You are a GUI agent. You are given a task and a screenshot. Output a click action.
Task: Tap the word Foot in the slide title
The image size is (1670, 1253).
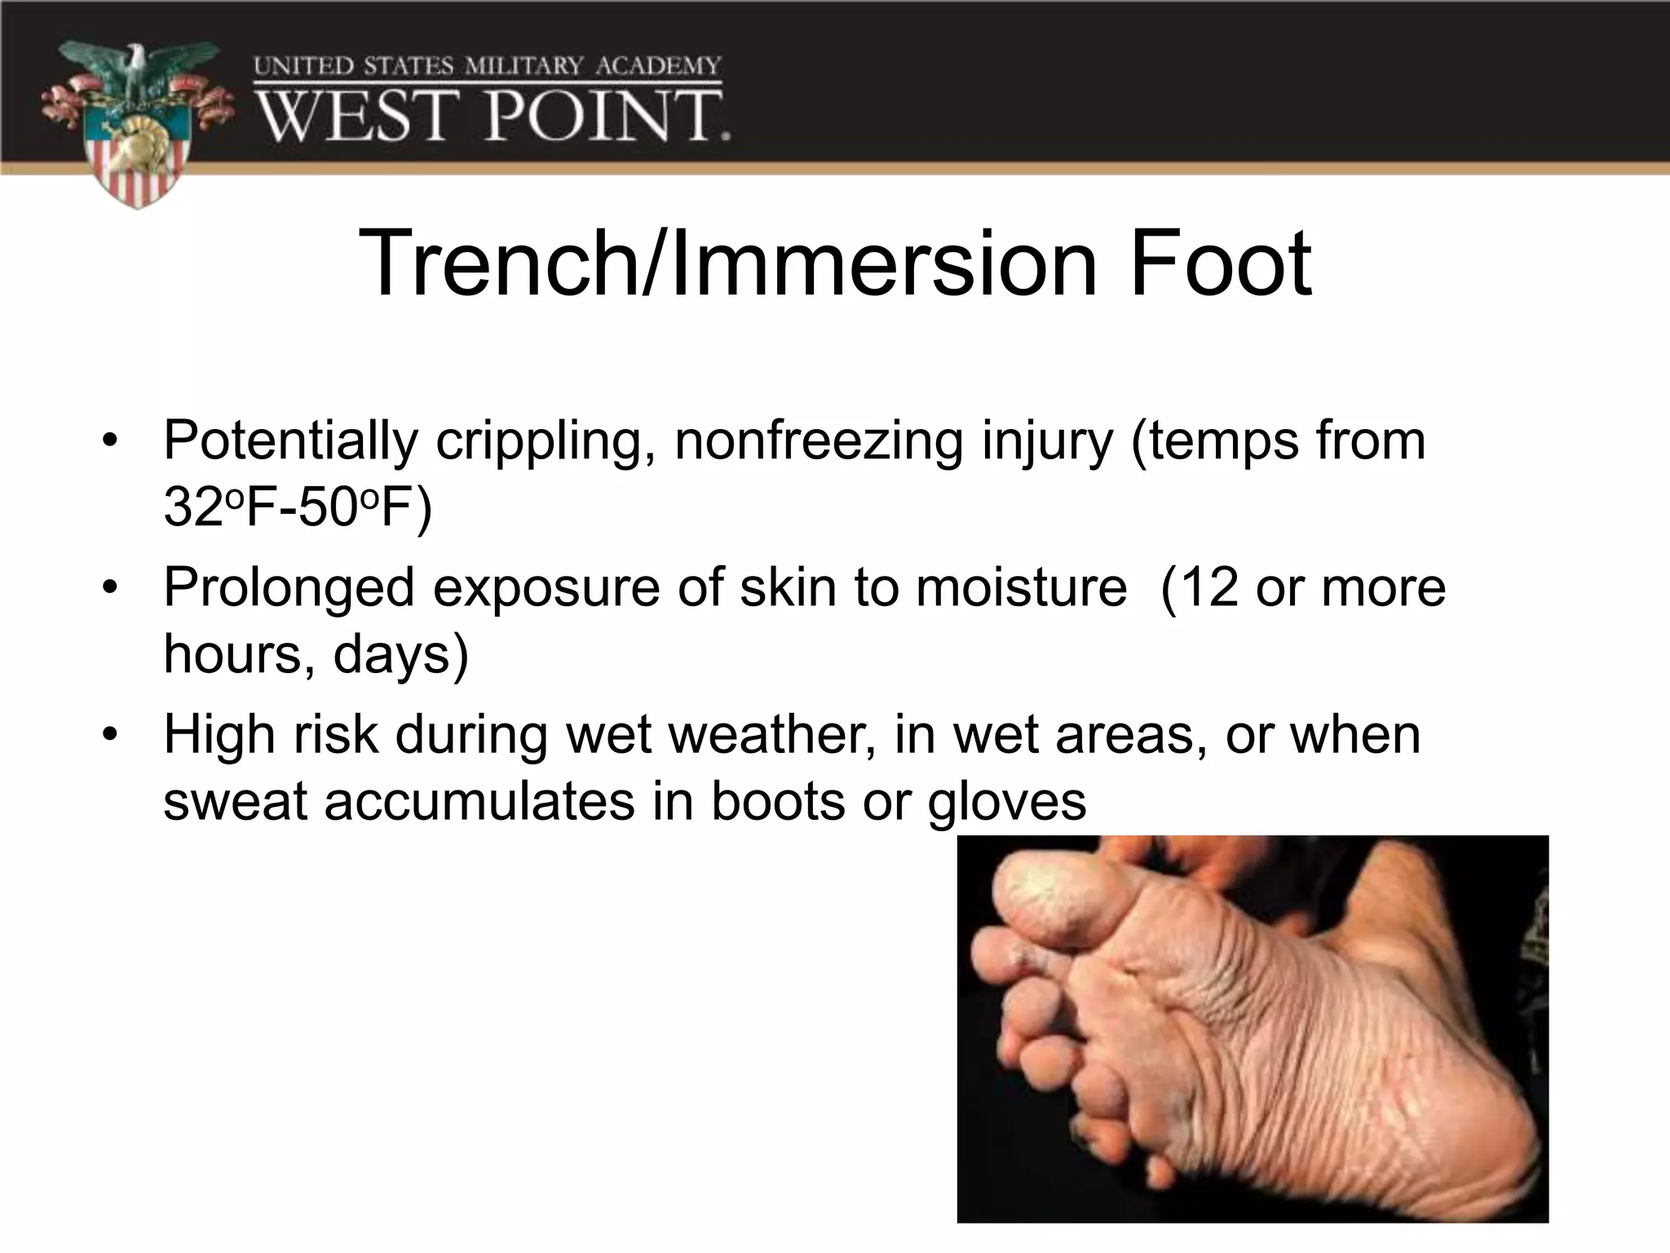click(1220, 263)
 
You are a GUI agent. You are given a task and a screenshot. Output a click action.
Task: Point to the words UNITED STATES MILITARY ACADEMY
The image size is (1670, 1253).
click(488, 65)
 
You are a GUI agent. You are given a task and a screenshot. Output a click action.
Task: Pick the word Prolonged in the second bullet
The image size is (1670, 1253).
click(289, 589)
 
